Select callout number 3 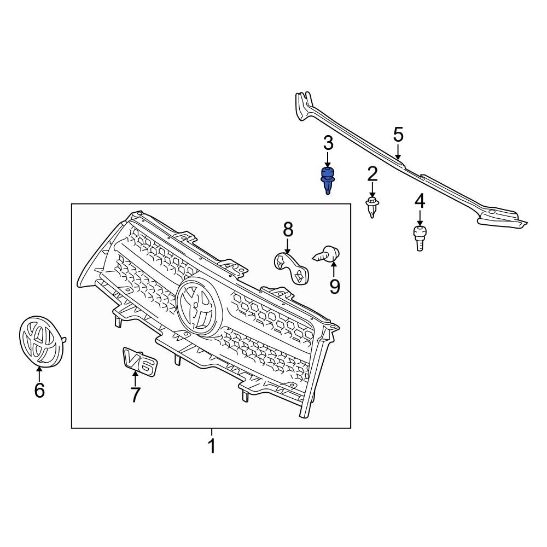[328, 144]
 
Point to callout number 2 [373, 174]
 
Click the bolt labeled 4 [420, 238]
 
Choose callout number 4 [420, 201]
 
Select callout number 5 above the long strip [398, 134]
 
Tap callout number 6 [39, 390]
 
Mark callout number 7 [135, 394]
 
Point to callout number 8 [288, 230]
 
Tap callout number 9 [334, 286]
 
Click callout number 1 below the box [212, 446]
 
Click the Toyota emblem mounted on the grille [199, 307]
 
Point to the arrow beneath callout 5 [398, 152]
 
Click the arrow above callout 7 [135, 377]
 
